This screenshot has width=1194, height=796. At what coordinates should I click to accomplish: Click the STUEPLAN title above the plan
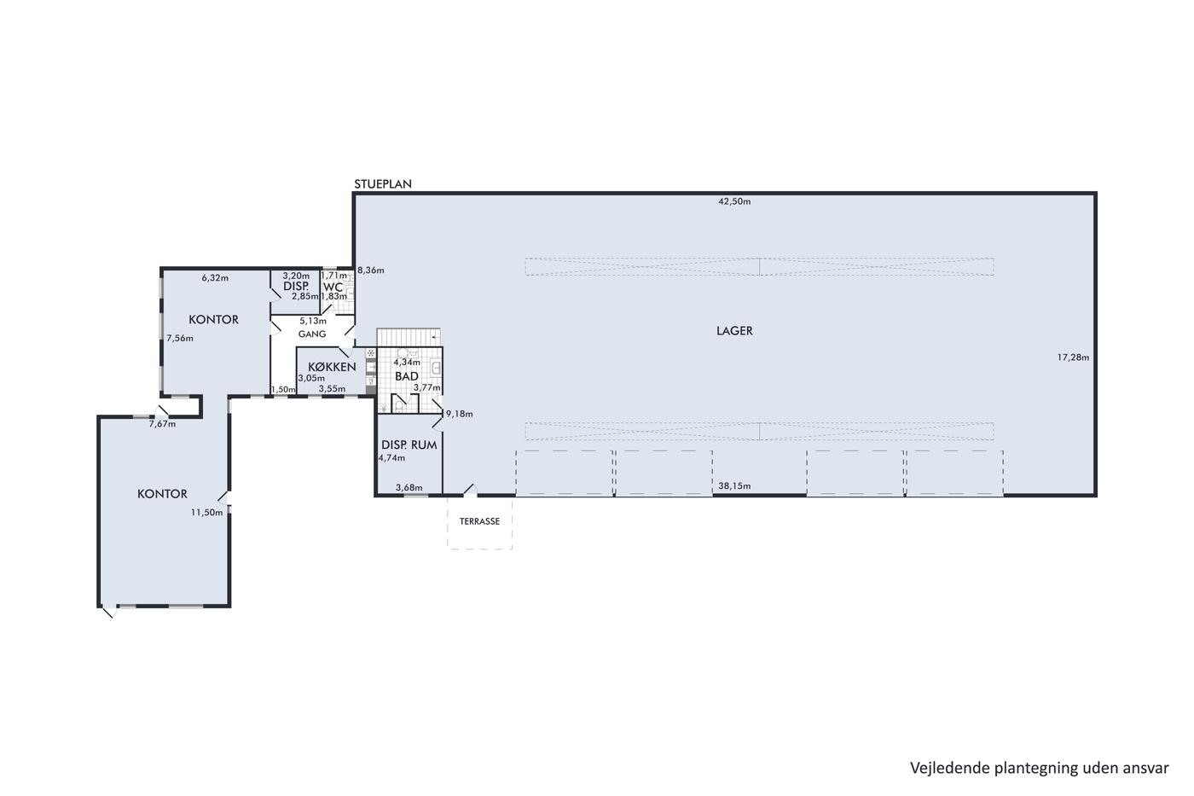[383, 184]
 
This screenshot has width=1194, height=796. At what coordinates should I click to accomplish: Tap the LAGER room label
[734, 330]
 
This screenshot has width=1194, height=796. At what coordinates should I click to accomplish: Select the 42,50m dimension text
[734, 201]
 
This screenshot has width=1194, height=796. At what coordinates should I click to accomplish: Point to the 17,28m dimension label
[1073, 357]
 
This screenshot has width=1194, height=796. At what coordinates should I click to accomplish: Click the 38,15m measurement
[734, 485]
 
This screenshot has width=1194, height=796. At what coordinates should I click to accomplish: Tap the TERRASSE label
[479, 521]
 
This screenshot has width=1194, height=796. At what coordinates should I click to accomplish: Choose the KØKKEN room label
[332, 367]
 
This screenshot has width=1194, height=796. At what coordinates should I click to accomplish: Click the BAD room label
[407, 376]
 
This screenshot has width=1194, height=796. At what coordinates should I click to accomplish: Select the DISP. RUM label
[409, 444]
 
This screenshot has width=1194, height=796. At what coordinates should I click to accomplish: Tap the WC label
[333, 288]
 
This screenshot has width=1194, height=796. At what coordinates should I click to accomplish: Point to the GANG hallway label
[312, 334]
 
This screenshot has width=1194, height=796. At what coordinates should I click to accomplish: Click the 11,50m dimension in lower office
[206, 513]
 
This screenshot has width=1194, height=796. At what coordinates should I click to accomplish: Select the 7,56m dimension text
[180, 338]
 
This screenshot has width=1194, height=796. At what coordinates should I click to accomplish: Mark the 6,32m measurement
[215, 278]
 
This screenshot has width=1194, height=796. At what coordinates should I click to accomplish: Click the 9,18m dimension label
[460, 414]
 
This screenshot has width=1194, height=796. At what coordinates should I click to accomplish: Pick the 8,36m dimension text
[370, 270]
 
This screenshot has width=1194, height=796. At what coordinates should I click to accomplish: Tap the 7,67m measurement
[162, 424]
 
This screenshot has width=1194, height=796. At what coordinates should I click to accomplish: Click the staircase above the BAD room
[409, 337]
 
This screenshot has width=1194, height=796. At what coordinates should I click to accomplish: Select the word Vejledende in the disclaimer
[937, 769]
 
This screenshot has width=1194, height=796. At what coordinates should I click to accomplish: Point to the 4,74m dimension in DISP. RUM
[391, 457]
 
